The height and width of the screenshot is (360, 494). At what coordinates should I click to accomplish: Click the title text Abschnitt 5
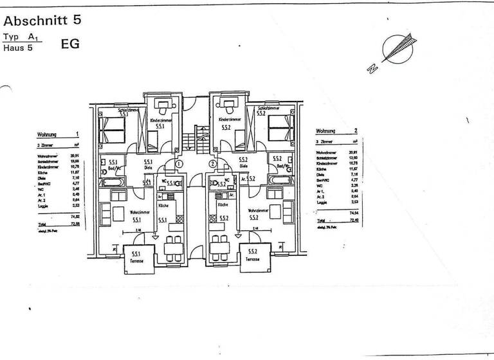[42, 19]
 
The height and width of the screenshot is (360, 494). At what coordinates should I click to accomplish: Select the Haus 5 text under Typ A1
[18, 48]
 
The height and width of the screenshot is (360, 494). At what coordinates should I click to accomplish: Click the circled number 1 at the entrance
[179, 164]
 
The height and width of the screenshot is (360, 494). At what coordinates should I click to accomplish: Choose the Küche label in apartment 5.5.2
[223, 204]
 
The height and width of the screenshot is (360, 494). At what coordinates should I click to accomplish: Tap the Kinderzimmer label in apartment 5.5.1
[160, 120]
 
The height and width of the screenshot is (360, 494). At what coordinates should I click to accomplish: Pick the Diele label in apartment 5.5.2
[244, 166]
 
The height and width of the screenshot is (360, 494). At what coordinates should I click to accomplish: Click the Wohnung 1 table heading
[59, 134]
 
